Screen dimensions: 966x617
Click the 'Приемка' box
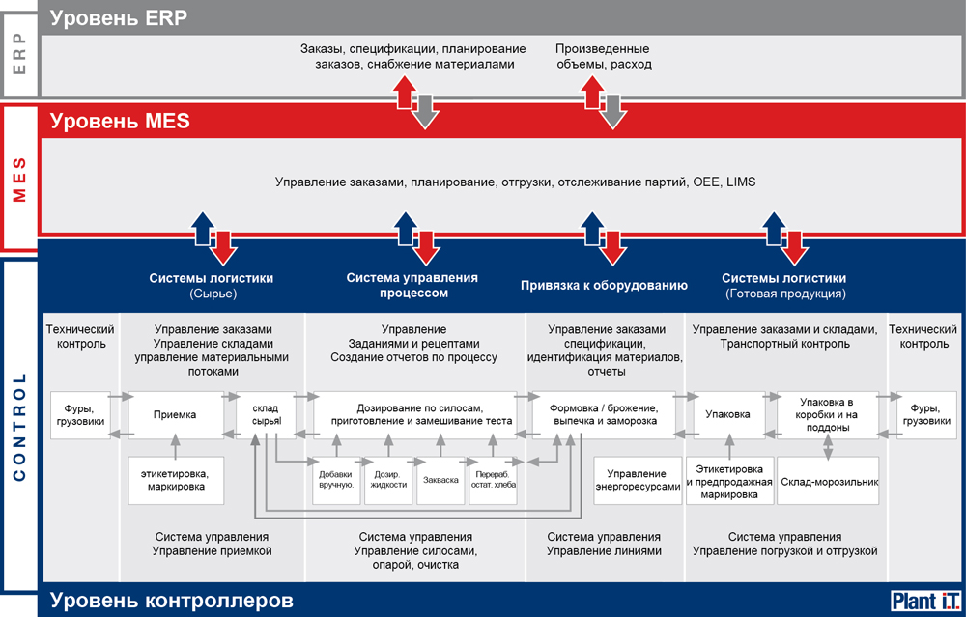176,415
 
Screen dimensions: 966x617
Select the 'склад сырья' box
266,415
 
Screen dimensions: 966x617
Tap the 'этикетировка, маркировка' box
176,480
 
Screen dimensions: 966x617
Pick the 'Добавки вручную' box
336,480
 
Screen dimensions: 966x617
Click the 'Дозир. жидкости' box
388,480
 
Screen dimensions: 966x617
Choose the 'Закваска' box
440,480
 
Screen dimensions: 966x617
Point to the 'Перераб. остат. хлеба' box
493,480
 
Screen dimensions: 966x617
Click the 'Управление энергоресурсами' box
638,480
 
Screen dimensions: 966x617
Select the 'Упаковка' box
727,415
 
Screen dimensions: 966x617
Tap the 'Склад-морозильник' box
828,482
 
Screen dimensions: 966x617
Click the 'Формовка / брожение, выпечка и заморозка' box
604,415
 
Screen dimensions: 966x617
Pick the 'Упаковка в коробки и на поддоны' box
828,415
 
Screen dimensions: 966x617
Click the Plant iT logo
926,601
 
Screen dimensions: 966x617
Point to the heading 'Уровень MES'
120,121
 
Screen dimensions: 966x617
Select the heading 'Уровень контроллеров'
172,601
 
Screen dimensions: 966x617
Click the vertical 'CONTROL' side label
19,426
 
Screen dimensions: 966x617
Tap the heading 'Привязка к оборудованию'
605,286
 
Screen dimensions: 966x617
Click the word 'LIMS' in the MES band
741,182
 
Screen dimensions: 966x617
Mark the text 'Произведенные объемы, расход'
604,57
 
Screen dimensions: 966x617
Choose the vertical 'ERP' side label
19,54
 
